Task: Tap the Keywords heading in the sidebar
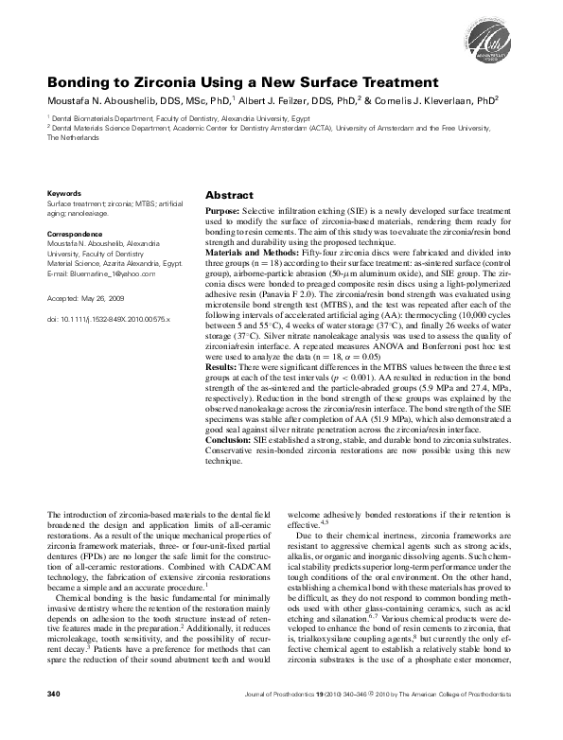[x=64, y=191]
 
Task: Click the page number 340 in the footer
[x=54, y=721]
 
